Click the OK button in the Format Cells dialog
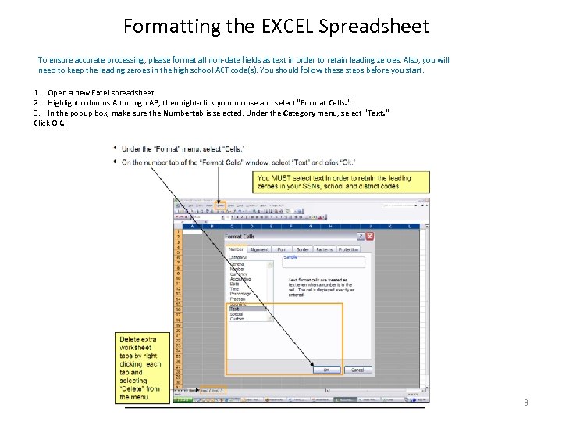(326, 370)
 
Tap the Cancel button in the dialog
(356, 370)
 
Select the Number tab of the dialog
(236, 249)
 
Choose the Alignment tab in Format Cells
(259, 249)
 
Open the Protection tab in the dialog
(348, 249)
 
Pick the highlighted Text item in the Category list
(235, 309)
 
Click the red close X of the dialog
(370, 236)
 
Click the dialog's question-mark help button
(361, 236)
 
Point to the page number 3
(525, 402)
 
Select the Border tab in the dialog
(302, 249)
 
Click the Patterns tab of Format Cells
(324, 249)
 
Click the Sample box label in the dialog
(290, 257)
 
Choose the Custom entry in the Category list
(237, 319)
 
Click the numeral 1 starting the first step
(36, 92)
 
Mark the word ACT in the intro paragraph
(234, 70)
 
